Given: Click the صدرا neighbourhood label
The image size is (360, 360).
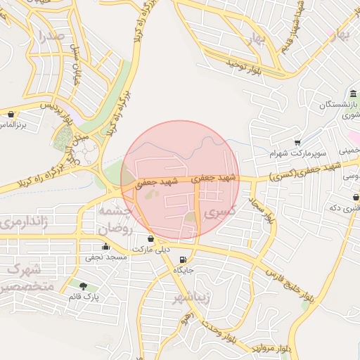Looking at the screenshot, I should [x=52, y=35].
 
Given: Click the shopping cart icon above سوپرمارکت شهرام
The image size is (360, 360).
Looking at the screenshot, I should [x=298, y=142].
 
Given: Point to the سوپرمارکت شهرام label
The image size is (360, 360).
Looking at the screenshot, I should [x=299, y=153].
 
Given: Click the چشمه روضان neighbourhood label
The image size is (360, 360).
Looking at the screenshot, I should [x=115, y=220].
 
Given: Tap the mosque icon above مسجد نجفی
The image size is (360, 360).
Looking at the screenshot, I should [x=105, y=247].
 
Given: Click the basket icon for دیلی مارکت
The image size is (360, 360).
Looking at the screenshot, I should [x=150, y=239].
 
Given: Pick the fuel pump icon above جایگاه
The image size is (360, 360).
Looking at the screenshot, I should [x=184, y=258].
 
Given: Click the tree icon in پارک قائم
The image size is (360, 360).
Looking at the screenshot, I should [x=84, y=286].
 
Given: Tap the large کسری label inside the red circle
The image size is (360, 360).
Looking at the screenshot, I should [x=219, y=211].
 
